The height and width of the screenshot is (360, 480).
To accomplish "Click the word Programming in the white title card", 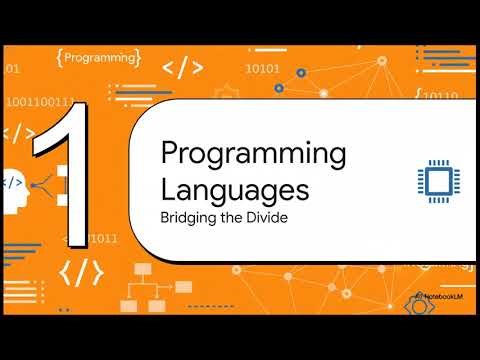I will pos(253,156).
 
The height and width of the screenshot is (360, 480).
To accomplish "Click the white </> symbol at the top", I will pos(183,68).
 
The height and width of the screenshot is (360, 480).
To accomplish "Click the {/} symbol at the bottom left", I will pos(81,272).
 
